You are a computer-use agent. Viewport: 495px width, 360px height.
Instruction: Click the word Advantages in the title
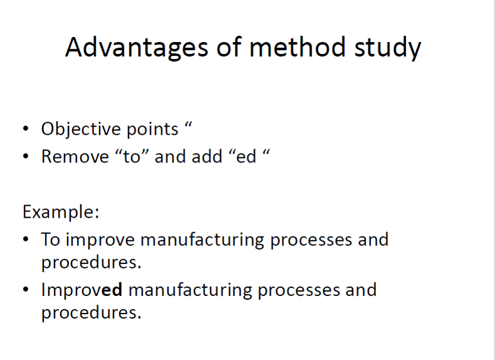137,48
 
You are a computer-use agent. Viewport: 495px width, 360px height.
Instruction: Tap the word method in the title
298,47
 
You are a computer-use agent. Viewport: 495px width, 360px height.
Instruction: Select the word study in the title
388,48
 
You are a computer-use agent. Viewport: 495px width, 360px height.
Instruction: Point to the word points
152,130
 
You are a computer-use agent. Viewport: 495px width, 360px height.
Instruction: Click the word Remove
75,156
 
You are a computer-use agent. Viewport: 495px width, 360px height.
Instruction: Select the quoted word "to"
132,156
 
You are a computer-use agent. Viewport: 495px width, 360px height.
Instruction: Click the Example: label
61,212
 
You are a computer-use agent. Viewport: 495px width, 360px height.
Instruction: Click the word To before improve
51,239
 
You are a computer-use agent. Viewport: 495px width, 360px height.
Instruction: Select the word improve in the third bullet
100,240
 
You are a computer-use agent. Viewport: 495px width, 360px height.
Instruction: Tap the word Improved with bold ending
81,290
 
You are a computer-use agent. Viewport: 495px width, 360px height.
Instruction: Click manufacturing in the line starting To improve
202,240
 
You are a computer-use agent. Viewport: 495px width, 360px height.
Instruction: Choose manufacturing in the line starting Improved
190,290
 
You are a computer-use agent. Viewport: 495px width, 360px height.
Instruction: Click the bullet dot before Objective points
26,129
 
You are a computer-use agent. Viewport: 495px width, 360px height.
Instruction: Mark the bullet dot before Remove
26,156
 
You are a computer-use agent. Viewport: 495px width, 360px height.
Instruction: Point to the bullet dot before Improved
26,290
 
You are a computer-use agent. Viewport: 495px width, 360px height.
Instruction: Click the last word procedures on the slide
91,313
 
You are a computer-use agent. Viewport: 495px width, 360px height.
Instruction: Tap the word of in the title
229,47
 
